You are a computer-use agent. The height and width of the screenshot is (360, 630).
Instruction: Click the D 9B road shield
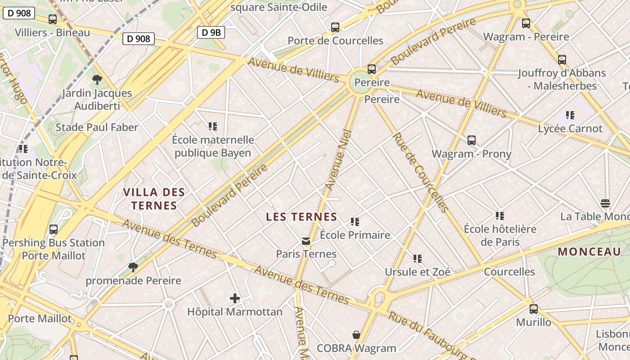tap(211, 32)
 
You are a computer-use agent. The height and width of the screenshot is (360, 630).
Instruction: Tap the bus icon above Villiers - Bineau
tap(53, 19)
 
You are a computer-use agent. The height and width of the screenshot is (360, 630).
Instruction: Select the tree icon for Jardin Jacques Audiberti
tap(97, 80)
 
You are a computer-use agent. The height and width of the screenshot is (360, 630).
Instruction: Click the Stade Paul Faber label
tap(97, 127)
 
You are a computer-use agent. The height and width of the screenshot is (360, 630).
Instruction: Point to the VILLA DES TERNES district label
tap(153, 199)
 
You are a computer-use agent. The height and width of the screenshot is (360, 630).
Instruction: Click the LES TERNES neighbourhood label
tap(301, 217)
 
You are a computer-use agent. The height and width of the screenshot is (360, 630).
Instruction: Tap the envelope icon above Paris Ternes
tap(306, 241)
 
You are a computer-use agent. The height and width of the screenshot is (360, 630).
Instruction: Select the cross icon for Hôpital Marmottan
tap(234, 298)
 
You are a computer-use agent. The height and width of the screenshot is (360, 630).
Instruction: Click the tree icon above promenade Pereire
tap(133, 267)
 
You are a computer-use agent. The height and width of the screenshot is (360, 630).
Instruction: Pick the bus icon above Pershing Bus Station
tap(54, 229)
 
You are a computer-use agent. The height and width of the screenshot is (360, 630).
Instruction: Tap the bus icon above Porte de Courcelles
tap(335, 27)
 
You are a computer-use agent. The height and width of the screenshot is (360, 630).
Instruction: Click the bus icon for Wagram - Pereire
tap(526, 23)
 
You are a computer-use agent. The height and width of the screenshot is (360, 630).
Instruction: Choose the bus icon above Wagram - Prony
tap(472, 140)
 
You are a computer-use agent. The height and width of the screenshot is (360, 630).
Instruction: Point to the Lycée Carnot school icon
tap(570, 115)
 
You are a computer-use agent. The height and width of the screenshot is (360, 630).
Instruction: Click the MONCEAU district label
tap(589, 252)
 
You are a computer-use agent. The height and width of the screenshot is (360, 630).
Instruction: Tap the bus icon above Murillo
tap(534, 309)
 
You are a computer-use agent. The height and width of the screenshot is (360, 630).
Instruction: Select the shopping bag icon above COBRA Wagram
tap(356, 335)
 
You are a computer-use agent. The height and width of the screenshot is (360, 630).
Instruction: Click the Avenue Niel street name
tap(338, 159)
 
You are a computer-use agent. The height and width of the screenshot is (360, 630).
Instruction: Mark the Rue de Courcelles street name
tap(420, 172)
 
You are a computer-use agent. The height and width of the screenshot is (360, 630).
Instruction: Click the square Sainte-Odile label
tap(279, 7)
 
